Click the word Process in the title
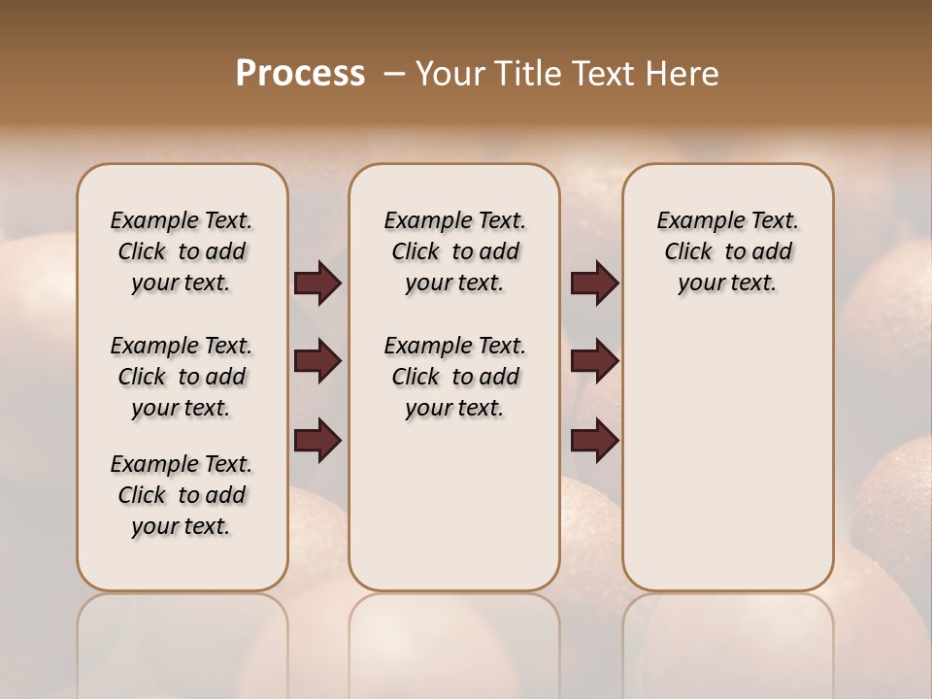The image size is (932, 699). click(x=300, y=74)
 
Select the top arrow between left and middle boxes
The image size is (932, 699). click(x=317, y=283)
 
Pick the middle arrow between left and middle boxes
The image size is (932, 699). click(x=317, y=361)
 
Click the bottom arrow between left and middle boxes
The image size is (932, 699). click(x=317, y=441)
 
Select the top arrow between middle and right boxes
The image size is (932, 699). click(x=595, y=283)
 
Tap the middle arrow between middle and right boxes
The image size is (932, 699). click(x=595, y=361)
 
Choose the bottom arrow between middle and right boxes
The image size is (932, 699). click(x=595, y=441)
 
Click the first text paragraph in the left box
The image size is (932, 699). click(x=182, y=251)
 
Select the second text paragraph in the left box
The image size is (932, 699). click(x=182, y=377)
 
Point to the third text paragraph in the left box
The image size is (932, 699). click(x=182, y=495)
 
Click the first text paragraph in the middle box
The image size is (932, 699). click(x=454, y=251)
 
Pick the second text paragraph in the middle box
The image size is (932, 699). click(x=454, y=377)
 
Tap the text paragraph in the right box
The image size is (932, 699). click(x=727, y=251)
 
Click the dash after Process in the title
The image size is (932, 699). click(x=392, y=74)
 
